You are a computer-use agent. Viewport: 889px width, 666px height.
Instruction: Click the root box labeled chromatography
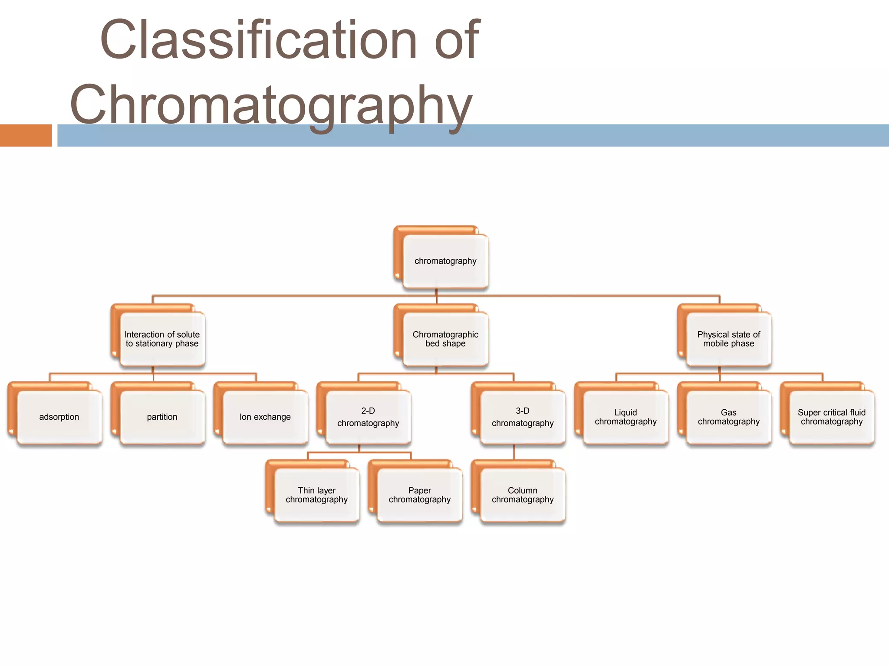coord(445,261)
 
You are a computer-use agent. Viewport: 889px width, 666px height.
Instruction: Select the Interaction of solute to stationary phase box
coord(162,339)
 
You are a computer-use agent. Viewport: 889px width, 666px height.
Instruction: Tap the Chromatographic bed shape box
coord(445,339)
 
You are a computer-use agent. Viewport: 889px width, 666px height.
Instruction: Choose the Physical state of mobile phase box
coord(728,339)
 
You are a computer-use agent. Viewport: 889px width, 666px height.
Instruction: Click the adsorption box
coord(59,417)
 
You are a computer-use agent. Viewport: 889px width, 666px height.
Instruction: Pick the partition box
coord(162,417)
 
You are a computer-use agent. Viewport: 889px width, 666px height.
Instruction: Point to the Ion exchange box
coord(265,417)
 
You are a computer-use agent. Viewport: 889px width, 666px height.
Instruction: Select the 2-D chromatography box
coord(368,417)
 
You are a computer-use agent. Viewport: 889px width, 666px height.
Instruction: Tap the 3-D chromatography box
coord(523,417)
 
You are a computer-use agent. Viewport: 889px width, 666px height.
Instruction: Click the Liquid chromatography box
coord(626,417)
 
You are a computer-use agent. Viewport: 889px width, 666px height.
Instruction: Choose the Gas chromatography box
coord(728,417)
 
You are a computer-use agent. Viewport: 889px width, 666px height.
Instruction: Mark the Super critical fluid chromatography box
coord(831,417)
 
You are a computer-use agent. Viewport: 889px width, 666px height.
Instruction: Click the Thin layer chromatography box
coord(316,495)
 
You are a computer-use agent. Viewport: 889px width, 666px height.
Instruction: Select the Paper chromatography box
coord(419,495)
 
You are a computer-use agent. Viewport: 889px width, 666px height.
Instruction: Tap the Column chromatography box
coord(523,495)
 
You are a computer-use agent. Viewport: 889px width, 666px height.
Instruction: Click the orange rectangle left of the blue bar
coord(26,135)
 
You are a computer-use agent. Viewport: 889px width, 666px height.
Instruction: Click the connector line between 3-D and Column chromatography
coord(514,452)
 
